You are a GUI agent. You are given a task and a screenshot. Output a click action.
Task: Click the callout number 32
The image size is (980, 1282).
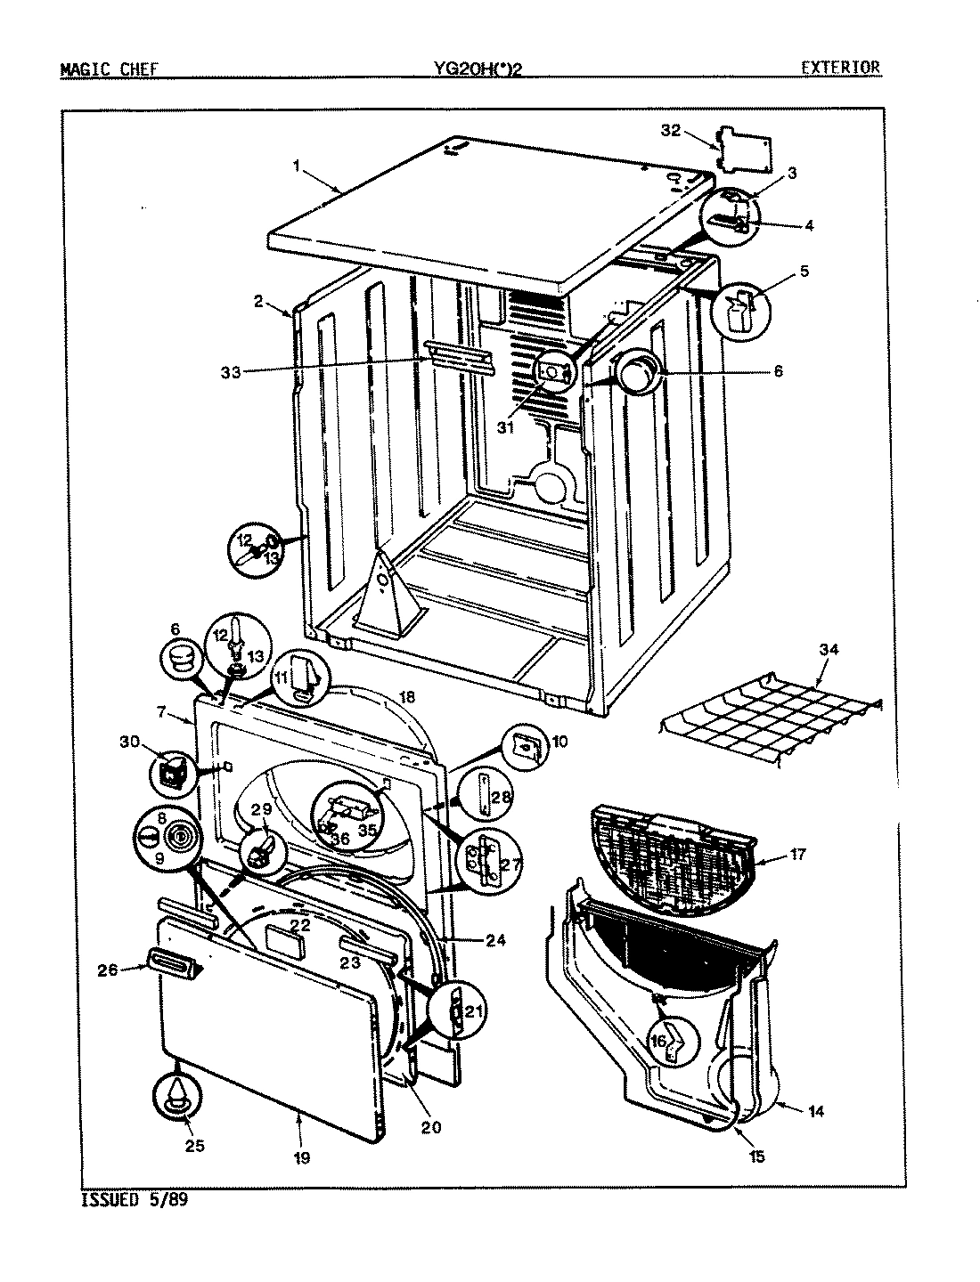click(x=670, y=131)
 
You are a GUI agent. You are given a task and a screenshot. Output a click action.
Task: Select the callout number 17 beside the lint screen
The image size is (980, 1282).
click(x=796, y=854)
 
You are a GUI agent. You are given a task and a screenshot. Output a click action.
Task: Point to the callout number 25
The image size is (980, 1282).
click(x=194, y=1145)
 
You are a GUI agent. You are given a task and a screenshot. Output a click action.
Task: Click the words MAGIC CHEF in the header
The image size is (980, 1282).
click(x=110, y=68)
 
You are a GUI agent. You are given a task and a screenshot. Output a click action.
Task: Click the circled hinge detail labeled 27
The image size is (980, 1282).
click(x=482, y=861)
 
